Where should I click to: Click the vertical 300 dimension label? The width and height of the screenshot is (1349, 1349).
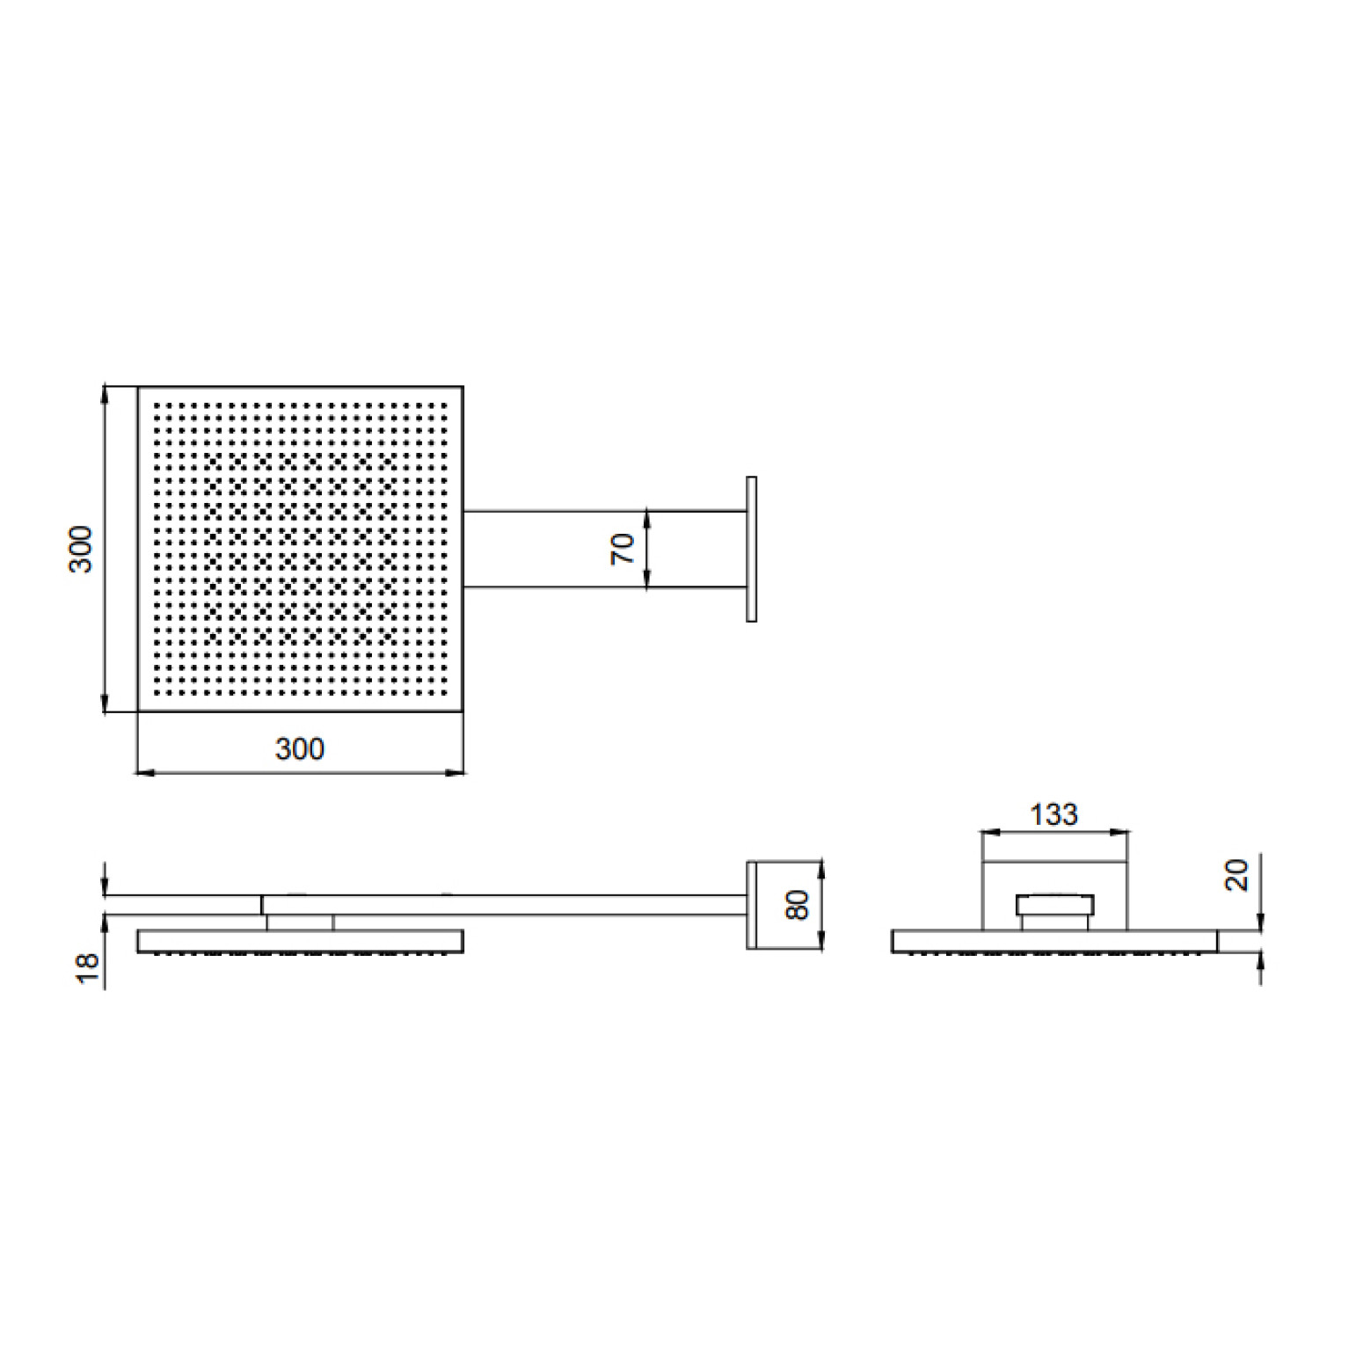tap(81, 549)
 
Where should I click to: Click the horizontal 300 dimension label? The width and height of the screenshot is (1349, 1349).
tap(300, 749)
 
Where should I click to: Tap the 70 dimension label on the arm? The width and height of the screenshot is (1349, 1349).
tap(623, 549)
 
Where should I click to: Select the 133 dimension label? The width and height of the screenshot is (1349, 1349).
tap(1054, 814)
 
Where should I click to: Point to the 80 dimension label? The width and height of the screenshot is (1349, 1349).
tap(797, 905)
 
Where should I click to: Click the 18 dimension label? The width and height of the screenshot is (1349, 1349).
tap(89, 967)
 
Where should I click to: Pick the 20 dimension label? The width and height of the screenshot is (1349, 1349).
tap(1236, 876)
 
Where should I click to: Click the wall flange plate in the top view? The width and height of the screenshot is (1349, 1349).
tap(751, 550)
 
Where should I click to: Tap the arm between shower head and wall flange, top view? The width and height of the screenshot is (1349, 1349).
tap(605, 549)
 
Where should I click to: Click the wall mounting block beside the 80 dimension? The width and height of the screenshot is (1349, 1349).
tap(752, 905)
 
